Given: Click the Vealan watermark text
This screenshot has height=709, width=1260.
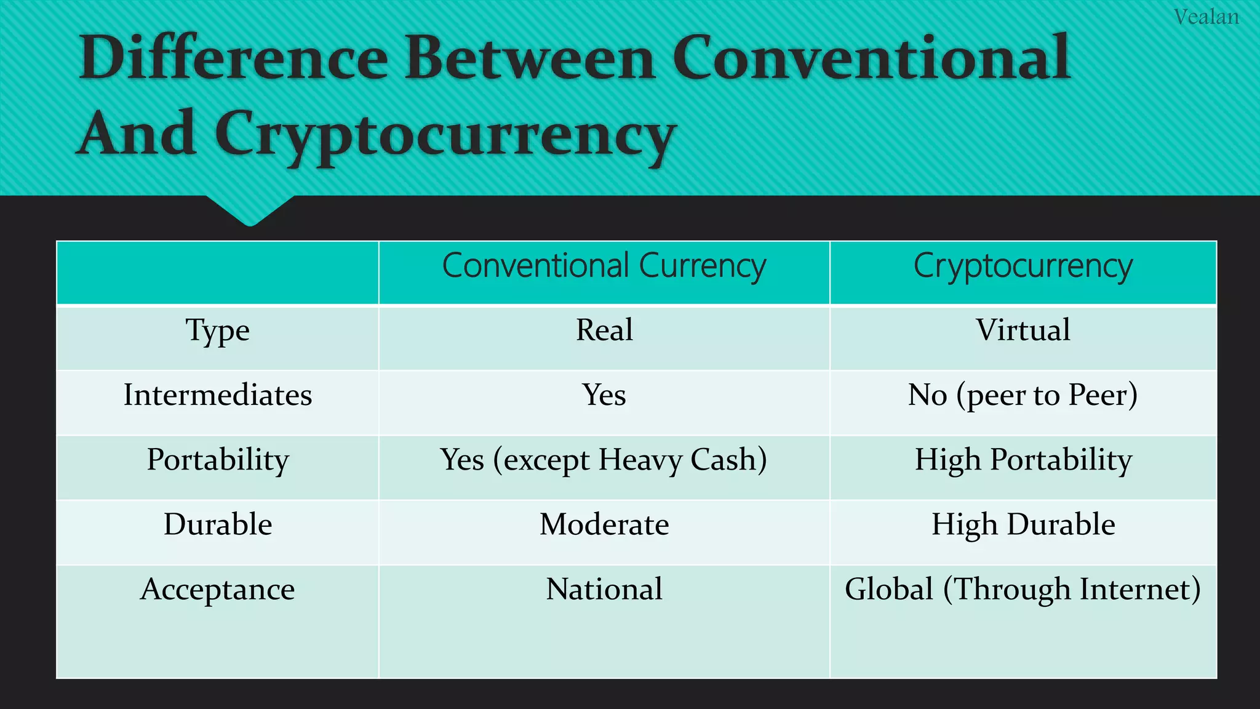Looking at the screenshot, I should pos(1206,17).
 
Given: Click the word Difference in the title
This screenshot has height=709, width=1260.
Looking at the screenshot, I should pos(233,58).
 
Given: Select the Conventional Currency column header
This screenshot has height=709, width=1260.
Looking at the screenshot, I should pos(604,266).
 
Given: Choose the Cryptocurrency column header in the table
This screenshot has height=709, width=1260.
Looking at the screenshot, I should pos(1023,266).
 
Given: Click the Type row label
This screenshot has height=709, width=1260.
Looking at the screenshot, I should pos(218,330).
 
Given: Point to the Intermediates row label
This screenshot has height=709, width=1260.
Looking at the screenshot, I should pos(218,395).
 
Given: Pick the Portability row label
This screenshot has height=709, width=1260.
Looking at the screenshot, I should pos(218,460).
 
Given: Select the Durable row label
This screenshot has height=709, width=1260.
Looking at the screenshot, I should pos(218,524).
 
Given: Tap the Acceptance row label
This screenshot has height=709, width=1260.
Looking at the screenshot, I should pos(218,590).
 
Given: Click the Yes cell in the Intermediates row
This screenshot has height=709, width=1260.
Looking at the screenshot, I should pos(604,395).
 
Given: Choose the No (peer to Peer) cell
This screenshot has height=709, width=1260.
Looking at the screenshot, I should pos(1023,395).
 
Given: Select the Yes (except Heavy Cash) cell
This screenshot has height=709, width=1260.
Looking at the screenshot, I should pos(604,460).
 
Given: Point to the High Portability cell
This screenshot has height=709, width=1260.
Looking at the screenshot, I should pos(1023,460).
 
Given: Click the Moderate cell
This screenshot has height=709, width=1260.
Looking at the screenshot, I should pos(604,524).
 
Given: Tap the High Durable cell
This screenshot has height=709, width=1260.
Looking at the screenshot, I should pos(1023,524).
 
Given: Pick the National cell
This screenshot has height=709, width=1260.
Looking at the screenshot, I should pos(604,589).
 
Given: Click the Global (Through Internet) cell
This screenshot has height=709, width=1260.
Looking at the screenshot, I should pos(1023,589).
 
